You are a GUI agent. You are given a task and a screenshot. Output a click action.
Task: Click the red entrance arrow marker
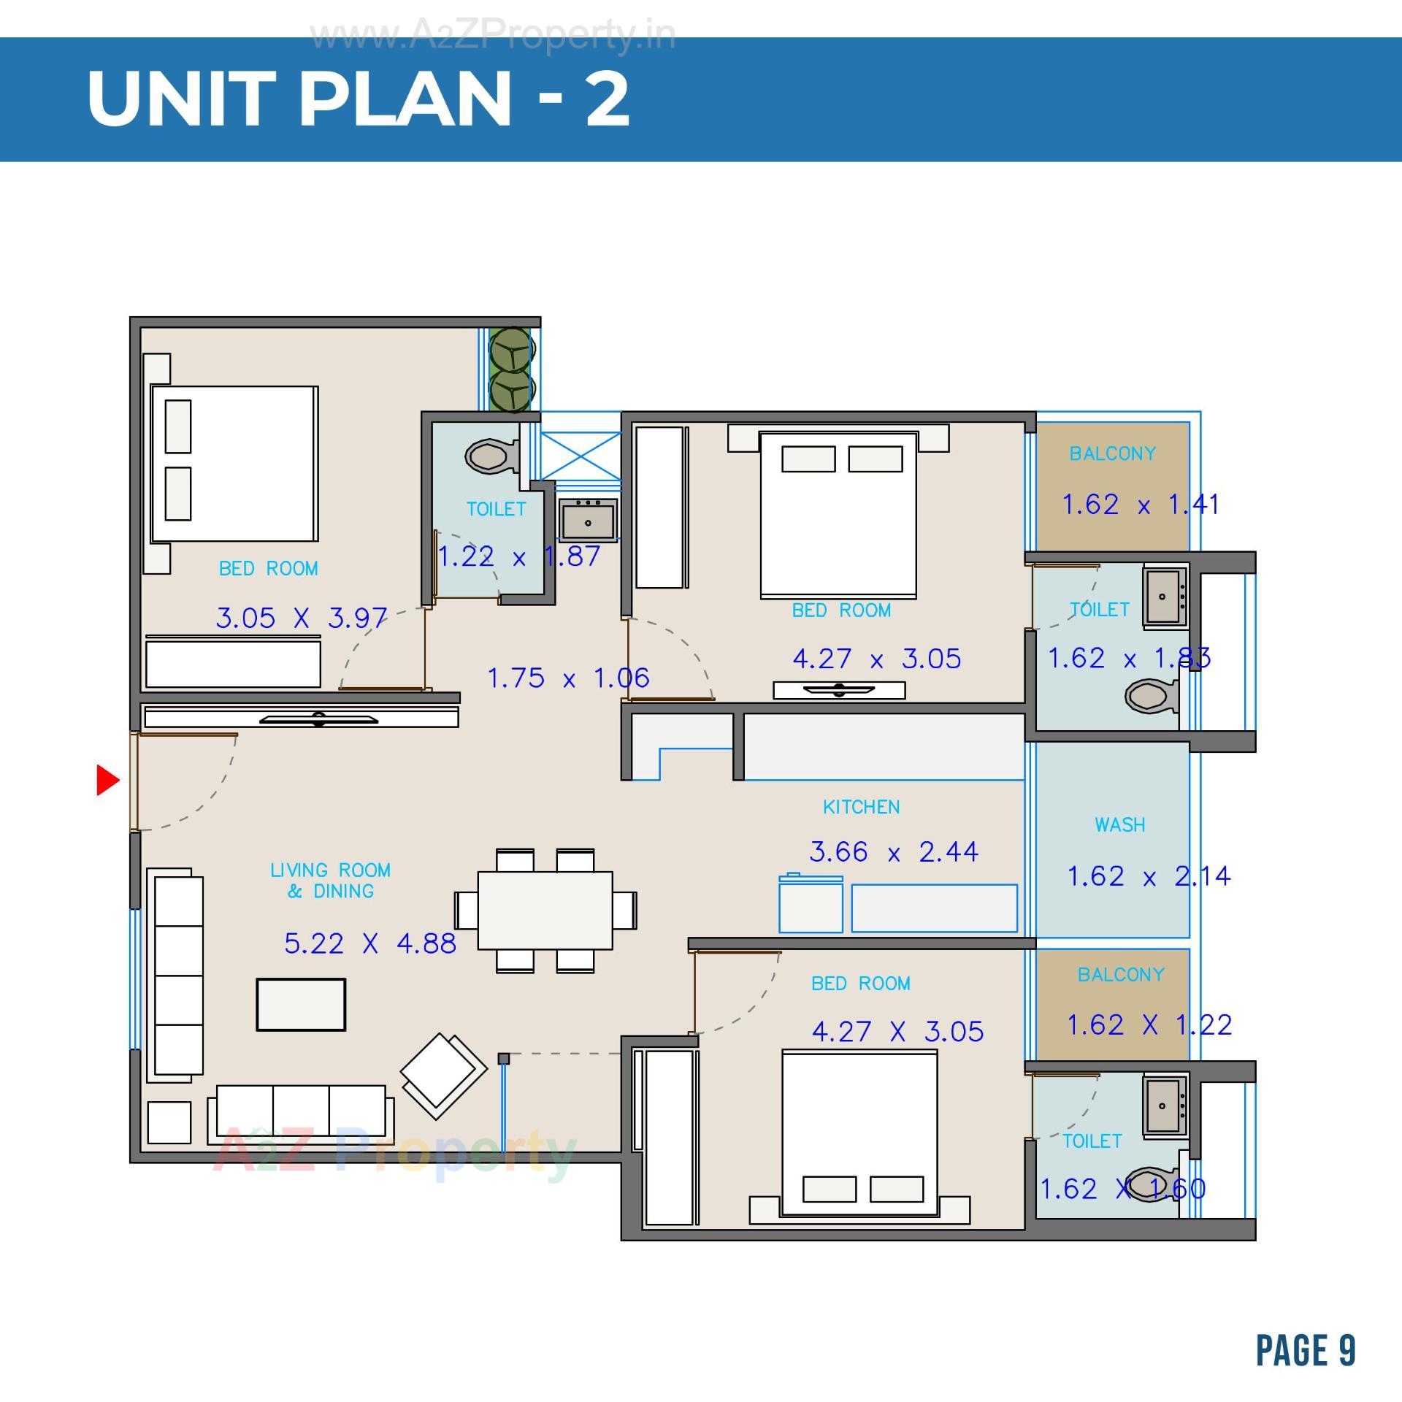pyautogui.click(x=107, y=780)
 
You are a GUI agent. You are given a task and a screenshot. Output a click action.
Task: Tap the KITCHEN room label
pyautogui.click(x=861, y=807)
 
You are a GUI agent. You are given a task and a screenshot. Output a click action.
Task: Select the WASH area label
pyautogui.click(x=1119, y=824)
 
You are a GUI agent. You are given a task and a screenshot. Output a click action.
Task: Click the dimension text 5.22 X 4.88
pyautogui.click(x=369, y=943)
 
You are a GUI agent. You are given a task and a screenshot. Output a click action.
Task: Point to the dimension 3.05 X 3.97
pyautogui.click(x=301, y=618)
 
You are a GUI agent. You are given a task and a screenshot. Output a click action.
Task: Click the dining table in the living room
pyautogui.click(x=545, y=910)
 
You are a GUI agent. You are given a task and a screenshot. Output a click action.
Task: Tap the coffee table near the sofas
pyautogui.click(x=301, y=1004)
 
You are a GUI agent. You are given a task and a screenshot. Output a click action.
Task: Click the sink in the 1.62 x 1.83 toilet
pyautogui.click(x=1162, y=597)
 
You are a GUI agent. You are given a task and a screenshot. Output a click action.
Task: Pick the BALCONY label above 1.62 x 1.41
pyautogui.click(x=1112, y=453)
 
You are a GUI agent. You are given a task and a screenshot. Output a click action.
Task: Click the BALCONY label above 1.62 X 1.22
pyautogui.click(x=1120, y=974)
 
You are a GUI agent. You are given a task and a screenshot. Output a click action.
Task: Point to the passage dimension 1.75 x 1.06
pyautogui.click(x=567, y=678)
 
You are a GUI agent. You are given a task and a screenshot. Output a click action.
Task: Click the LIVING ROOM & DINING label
pyautogui.click(x=330, y=880)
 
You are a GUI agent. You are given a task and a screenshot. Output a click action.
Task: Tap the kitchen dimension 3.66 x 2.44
pyautogui.click(x=893, y=851)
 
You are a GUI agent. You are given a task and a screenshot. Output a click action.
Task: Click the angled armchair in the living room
pyautogui.click(x=443, y=1076)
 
